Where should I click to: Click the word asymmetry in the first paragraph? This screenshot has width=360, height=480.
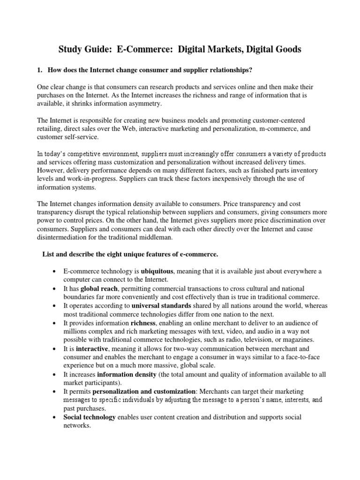[143, 104]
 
